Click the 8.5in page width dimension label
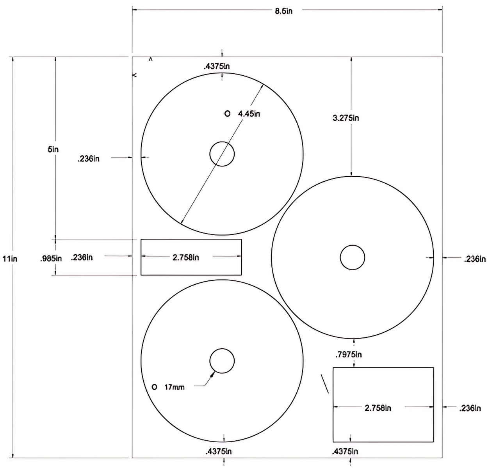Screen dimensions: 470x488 point(283,11)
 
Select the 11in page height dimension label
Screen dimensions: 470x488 point(10,258)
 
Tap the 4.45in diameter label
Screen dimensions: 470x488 point(249,114)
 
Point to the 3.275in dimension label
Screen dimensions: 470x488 point(346,118)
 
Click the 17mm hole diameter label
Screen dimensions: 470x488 point(174,387)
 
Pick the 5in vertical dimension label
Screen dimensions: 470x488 point(53,149)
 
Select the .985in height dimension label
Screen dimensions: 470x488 point(51,258)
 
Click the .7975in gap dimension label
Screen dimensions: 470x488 point(349,355)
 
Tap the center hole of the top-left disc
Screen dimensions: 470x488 point(222,154)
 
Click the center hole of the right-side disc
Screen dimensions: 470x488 point(352,257)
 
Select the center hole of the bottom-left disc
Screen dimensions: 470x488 point(222,361)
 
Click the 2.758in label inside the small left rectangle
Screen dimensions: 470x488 point(186,257)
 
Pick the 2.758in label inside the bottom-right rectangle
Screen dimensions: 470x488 point(378,408)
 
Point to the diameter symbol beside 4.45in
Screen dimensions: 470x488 point(227,114)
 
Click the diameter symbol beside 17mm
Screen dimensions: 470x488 point(154,387)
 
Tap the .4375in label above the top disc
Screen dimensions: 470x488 point(217,66)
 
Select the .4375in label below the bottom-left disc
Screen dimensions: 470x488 point(218,451)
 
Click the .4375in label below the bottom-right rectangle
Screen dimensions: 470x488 point(345,451)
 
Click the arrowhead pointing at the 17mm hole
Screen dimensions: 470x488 point(213,374)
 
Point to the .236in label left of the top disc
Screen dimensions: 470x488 point(88,159)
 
